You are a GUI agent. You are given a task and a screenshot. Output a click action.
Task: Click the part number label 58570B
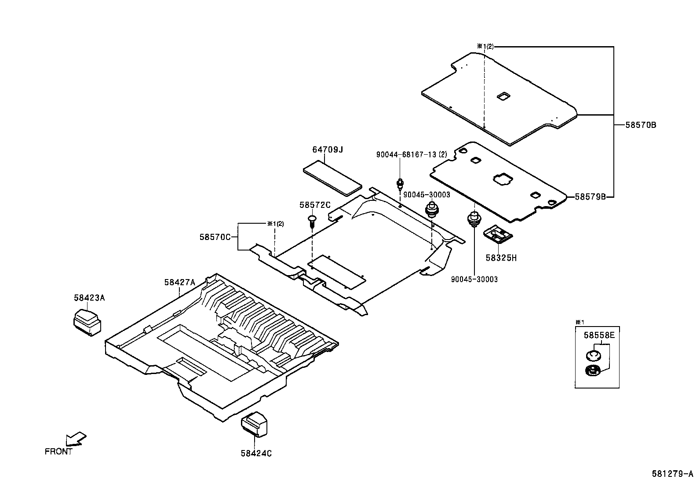[x=641, y=125]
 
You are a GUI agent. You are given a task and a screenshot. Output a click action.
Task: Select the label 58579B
[x=590, y=197]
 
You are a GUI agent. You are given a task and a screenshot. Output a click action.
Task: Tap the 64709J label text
[x=327, y=150]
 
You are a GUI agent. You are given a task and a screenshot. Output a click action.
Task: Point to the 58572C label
[x=314, y=205]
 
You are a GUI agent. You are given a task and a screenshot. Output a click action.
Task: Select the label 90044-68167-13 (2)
[x=411, y=155]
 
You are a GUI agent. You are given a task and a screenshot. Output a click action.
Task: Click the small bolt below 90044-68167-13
[x=400, y=184]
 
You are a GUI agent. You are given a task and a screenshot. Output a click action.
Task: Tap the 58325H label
[x=501, y=258]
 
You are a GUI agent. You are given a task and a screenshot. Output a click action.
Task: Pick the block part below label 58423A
[x=87, y=322]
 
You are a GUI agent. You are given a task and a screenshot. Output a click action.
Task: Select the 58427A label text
[x=179, y=283]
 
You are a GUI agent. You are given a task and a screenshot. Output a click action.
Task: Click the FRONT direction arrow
[x=76, y=438]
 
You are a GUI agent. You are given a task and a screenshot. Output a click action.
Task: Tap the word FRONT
[x=58, y=451]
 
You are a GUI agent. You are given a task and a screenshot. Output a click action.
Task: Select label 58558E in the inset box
[x=599, y=335]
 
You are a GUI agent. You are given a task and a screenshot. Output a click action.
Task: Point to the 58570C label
[x=215, y=237]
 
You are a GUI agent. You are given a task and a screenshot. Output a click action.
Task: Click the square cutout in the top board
[x=502, y=96]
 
